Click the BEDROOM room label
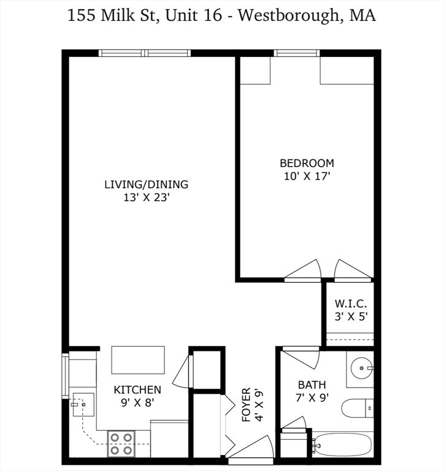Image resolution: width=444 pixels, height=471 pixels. (x=307, y=163)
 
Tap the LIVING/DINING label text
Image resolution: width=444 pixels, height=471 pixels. (x=147, y=185)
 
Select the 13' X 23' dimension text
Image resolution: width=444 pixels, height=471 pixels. (x=147, y=197)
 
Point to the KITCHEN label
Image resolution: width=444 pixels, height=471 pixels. (x=137, y=390)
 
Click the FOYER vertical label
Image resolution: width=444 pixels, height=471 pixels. (x=246, y=404)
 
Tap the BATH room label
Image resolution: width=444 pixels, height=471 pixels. (x=312, y=385)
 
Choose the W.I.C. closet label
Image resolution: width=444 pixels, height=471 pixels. (x=351, y=304)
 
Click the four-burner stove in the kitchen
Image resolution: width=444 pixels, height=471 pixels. (x=121, y=444)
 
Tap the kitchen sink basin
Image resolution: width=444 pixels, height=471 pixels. (x=83, y=404)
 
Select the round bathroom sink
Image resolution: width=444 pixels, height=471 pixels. (x=362, y=368)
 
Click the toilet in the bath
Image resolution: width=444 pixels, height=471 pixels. (x=358, y=408)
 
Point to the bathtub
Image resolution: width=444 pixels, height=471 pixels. (x=343, y=445)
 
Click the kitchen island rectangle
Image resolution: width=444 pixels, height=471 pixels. (x=138, y=360)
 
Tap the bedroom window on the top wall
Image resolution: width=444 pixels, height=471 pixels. (x=296, y=53)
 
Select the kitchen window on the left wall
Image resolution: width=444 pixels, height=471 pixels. (x=65, y=376)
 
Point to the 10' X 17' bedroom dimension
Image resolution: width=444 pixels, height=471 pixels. (x=307, y=176)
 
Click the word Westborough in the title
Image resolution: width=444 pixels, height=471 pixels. (x=288, y=15)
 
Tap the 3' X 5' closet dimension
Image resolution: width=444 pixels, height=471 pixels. (x=351, y=316)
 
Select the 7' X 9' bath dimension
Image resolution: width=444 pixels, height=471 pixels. (x=312, y=397)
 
